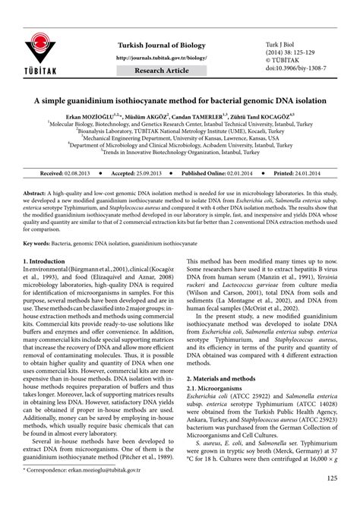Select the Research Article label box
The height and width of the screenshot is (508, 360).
[x=160, y=71]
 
